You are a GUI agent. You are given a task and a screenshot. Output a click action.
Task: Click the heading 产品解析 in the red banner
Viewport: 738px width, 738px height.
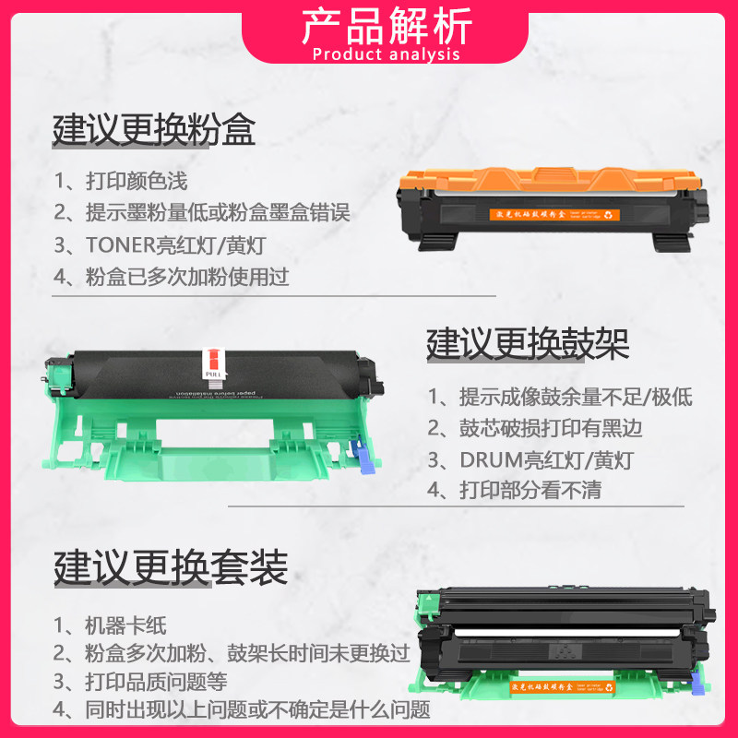point(387,25)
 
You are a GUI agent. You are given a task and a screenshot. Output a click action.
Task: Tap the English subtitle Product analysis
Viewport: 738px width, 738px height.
point(387,54)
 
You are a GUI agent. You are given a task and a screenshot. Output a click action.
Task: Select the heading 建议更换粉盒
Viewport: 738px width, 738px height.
point(154,129)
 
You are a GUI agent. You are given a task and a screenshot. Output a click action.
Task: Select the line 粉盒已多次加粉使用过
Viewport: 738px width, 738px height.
point(171,276)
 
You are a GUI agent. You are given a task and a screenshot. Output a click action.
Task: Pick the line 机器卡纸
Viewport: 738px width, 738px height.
point(110,625)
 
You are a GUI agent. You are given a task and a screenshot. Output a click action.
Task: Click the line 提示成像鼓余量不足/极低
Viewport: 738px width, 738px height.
point(559,398)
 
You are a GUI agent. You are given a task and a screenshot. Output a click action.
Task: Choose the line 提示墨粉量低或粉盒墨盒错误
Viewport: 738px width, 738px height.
point(201,213)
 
